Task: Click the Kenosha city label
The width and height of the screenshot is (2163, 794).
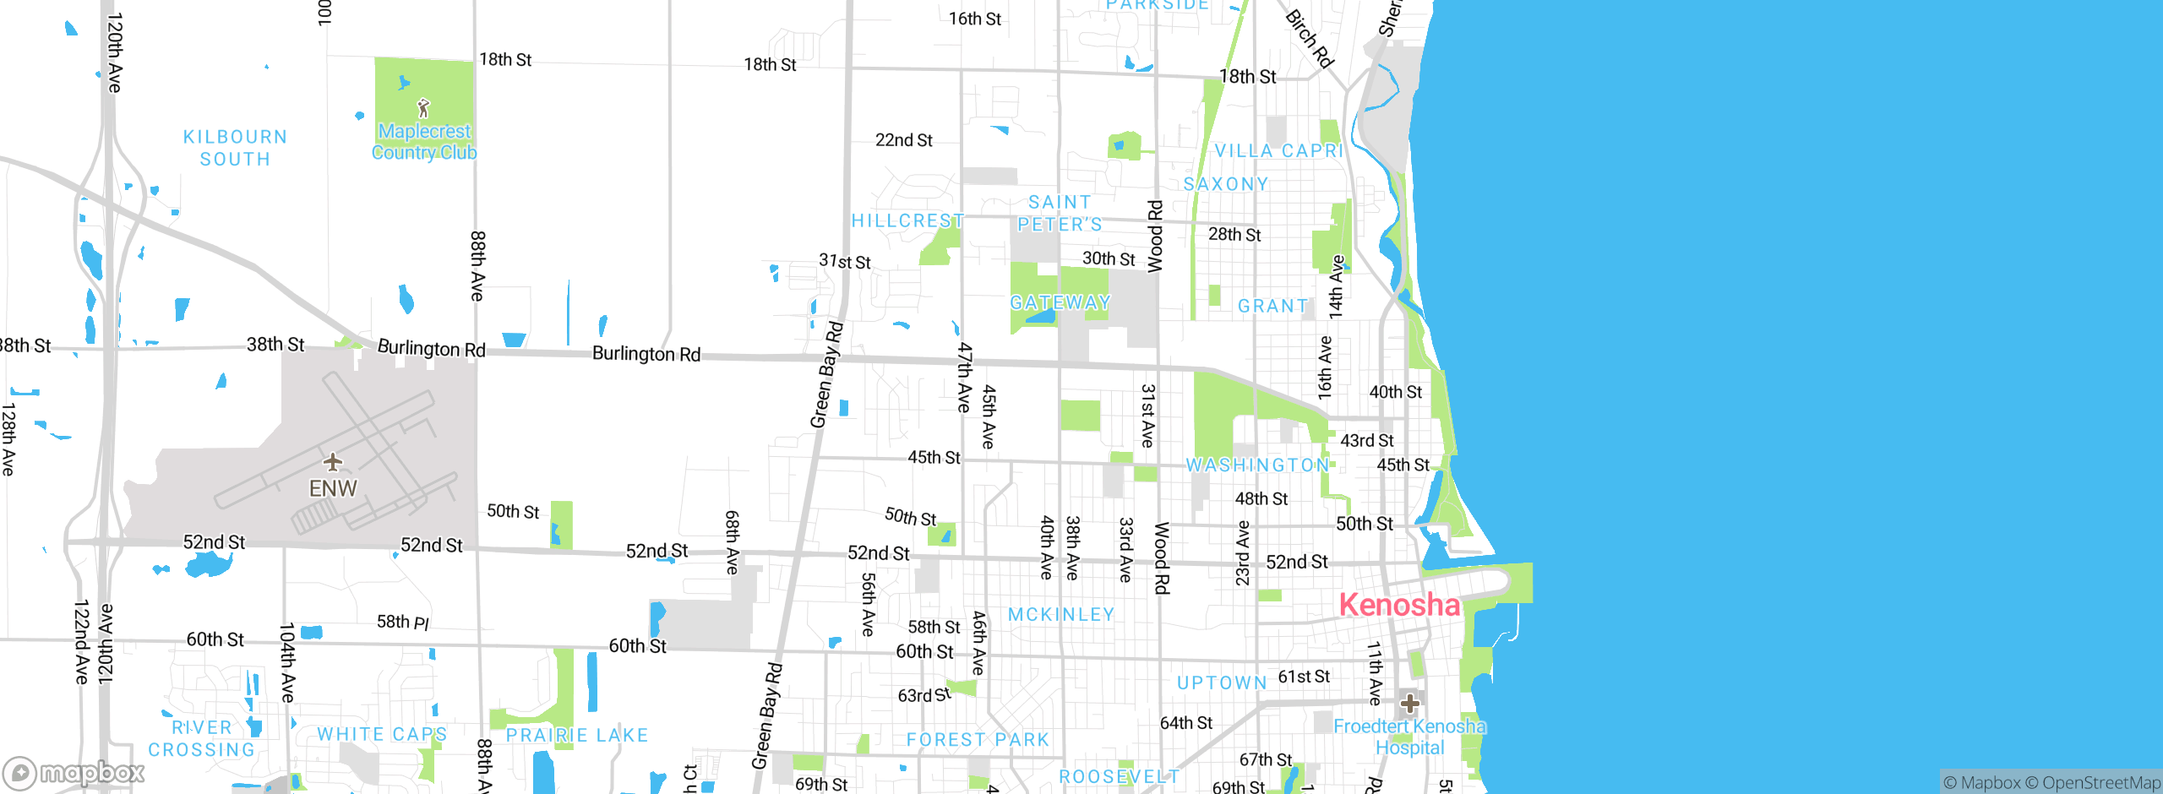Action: pos(1399,605)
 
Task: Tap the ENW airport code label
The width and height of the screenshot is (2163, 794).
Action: pos(333,488)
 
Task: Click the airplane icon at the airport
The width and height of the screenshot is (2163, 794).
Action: pos(333,461)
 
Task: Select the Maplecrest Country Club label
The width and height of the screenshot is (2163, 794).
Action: pos(424,142)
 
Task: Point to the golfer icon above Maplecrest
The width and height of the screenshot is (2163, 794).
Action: pos(423,108)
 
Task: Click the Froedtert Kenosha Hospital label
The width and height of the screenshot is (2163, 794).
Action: pos(1409,737)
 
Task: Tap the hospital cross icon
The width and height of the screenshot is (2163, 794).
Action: pos(1409,703)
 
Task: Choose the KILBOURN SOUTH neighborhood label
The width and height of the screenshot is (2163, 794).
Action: pos(235,148)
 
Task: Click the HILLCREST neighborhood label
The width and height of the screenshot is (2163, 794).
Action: pos(907,221)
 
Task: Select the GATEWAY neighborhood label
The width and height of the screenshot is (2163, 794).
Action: pos(1060,302)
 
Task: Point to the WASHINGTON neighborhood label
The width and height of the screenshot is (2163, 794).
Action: pos(1257,465)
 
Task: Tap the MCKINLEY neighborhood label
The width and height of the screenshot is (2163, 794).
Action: pos(1061,615)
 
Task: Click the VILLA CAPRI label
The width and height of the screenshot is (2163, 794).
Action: pos(1278,151)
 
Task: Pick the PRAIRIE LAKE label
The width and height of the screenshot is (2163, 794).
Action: pos(577,736)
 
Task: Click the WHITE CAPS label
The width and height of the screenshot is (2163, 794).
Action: pos(382,735)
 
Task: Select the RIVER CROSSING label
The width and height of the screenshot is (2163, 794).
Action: pos(201,739)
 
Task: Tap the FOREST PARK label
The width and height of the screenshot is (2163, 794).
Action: pos(978,740)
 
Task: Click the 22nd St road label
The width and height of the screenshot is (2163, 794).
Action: pos(903,140)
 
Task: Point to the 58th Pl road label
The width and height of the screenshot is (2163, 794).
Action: pos(402,623)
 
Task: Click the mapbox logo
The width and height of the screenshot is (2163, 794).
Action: pos(74,773)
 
